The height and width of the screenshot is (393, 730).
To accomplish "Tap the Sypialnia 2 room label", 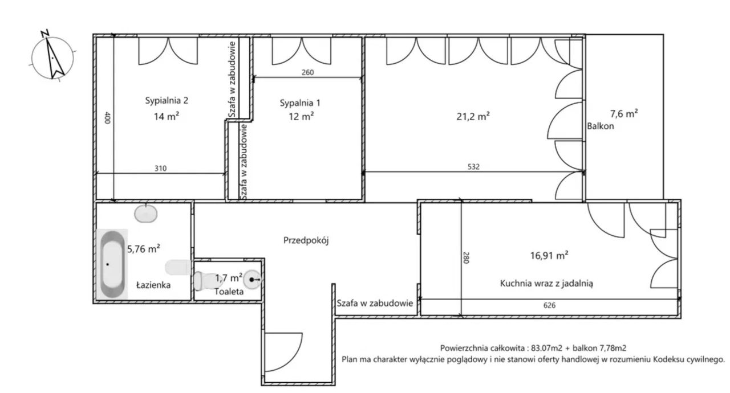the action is click(167, 100).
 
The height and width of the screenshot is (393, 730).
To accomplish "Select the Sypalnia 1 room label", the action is click(300, 103).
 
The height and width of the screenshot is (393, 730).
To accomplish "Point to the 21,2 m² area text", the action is click(473, 116).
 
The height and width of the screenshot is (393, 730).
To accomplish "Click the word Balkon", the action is click(601, 126).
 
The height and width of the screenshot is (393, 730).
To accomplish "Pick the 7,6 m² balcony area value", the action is click(624, 114).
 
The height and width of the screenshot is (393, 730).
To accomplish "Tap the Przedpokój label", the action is click(306, 241).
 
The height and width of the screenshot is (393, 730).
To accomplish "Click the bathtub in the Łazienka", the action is click(112, 264).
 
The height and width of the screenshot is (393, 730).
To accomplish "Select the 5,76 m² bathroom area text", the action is click(143, 249).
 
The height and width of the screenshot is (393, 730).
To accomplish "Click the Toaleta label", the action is click(229, 292).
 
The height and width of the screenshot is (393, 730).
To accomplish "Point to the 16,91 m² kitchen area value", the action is click(549, 256).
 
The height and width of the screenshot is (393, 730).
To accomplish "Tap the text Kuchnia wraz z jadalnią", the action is click(546, 284).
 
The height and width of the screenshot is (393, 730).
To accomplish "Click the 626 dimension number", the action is click(549, 305).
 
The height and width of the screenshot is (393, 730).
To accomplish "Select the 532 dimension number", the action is click(473, 167).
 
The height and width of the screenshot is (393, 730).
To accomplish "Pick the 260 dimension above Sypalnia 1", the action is click(307, 72).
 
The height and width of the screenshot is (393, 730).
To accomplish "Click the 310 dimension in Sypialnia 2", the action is click(160, 169).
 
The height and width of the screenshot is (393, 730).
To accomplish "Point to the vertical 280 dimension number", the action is click(466, 257).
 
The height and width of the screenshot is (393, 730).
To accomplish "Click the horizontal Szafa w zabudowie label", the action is click(375, 304).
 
